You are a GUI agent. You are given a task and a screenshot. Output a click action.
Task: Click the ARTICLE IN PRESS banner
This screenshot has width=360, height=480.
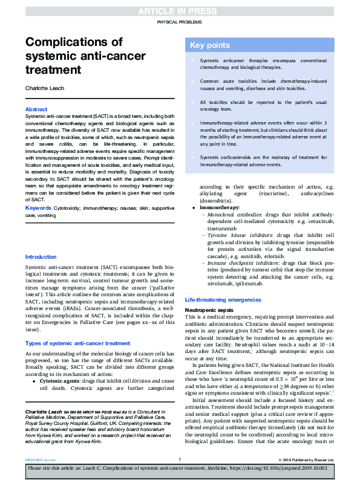point(180,11)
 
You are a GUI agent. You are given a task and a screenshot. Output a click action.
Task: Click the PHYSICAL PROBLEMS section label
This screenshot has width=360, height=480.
point(180,22)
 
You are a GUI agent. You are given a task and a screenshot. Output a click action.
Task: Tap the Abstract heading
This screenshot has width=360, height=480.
point(36,109)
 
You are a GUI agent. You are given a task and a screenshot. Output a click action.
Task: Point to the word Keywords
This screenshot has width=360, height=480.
point(38,207)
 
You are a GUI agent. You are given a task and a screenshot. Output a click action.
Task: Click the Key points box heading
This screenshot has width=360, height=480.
point(210,45)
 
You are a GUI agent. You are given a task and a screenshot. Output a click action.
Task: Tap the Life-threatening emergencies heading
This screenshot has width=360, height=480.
point(223,300)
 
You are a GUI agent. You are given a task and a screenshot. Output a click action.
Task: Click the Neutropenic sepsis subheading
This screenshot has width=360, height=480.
point(209,310)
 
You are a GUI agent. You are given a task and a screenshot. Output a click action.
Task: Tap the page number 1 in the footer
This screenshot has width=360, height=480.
point(180,460)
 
